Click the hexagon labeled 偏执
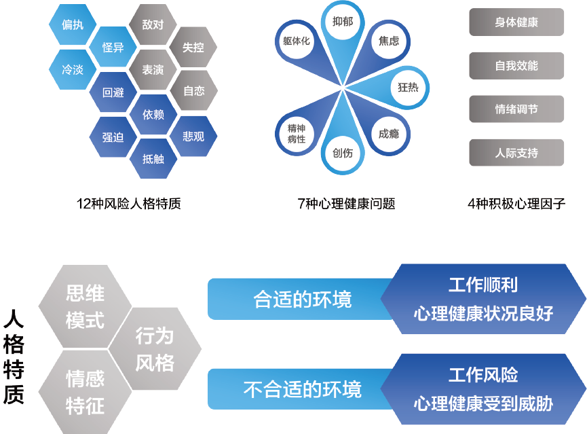point(73,26)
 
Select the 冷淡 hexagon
point(73,70)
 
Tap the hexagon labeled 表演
point(153,69)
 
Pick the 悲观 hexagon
point(193,137)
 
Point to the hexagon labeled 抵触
point(153,159)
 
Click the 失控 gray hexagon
point(193,48)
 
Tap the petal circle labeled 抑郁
point(343,21)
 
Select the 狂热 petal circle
point(408,88)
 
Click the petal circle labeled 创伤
point(343,153)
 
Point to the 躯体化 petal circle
point(297,41)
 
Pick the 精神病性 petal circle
point(297,133)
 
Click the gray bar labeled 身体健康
point(516,22)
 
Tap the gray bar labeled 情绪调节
point(516,109)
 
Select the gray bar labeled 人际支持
point(516,153)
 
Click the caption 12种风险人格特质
point(129,203)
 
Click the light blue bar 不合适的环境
point(299,389)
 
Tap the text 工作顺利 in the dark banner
point(483,284)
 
